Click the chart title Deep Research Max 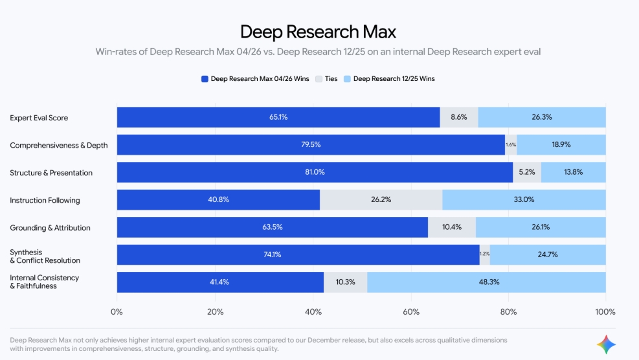[x=318, y=31]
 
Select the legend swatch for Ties [x=319, y=79]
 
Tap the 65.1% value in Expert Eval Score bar [x=278, y=117]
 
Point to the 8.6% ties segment [x=458, y=117]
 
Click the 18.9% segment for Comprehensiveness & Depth [x=561, y=145]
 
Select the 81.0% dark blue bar [x=315, y=172]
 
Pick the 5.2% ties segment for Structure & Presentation [x=527, y=172]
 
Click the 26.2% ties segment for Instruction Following [x=381, y=200]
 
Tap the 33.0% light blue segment [x=524, y=200]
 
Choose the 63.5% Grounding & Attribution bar [x=273, y=227]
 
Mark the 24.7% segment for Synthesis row [x=548, y=255]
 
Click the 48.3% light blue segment [x=486, y=282]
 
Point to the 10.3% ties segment [x=345, y=282]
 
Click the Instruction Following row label [x=45, y=201]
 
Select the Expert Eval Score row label [x=39, y=118]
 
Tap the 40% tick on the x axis [x=313, y=312]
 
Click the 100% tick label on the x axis [x=605, y=312]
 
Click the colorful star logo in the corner [x=607, y=344]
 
